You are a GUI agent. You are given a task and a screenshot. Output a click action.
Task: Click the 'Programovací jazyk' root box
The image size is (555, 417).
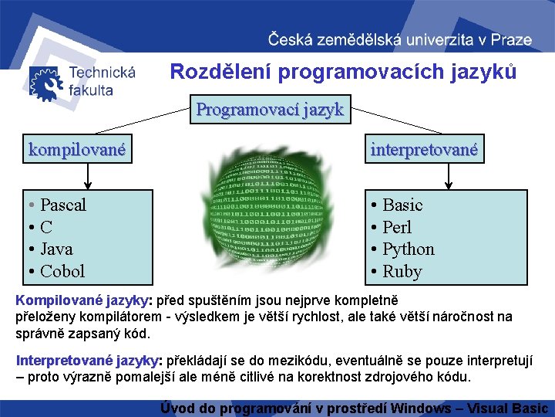pos(270,110)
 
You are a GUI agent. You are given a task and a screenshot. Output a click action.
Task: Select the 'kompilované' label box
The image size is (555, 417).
pos(77,149)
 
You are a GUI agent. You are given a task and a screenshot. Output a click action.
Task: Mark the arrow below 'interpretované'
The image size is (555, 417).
pos(448,175)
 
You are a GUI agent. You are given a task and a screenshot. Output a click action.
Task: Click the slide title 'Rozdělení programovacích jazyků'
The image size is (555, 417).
pos(343,73)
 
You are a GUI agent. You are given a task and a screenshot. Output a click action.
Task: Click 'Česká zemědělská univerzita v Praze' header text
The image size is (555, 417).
pos(399,39)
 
